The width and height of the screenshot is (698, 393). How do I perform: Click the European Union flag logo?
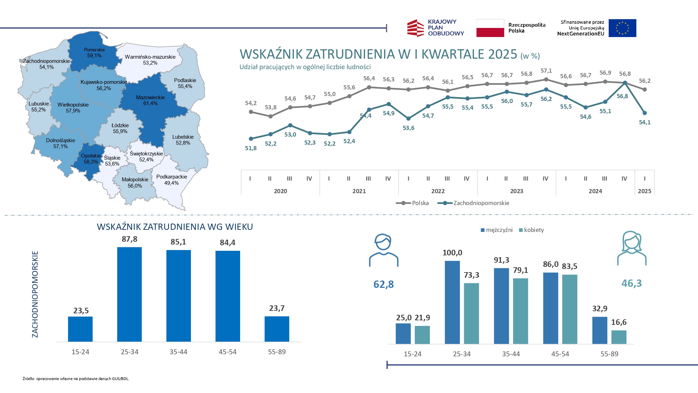point(622,28)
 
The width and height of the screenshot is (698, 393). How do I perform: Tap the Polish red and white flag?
point(490,28)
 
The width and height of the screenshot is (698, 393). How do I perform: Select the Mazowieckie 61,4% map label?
point(150,100)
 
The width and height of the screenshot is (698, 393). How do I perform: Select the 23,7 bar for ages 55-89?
point(277,329)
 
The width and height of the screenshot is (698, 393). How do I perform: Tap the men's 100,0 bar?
point(452,302)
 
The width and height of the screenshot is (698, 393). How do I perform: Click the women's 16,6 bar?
point(619,337)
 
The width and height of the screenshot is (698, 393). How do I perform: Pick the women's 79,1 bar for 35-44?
point(520,311)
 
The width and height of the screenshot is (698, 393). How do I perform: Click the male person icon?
point(384,250)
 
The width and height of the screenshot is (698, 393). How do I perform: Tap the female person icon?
point(632,248)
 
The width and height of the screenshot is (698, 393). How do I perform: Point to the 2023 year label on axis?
point(517,191)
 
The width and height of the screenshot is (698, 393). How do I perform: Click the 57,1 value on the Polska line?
point(546,71)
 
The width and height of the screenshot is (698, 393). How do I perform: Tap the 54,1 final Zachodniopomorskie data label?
point(645,122)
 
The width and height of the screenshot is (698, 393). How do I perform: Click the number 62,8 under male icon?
point(384,284)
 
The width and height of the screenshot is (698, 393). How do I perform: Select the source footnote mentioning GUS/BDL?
point(76,379)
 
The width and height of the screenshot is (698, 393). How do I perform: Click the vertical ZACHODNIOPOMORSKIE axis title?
point(35,294)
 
